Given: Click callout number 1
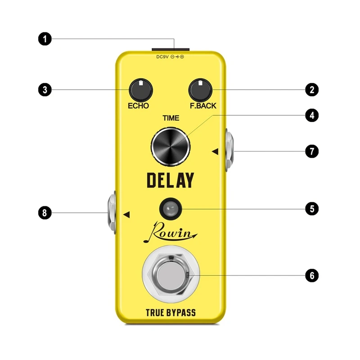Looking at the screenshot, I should [x=44, y=39].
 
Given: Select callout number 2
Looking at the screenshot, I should [x=311, y=89].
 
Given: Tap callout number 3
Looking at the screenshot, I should [x=44, y=89].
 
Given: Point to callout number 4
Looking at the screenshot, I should [x=311, y=115].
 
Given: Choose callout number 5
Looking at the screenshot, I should [x=311, y=208].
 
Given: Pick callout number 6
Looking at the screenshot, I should [x=311, y=275].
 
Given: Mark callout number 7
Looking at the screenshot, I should [x=311, y=151].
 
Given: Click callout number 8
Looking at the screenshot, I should [x=44, y=213].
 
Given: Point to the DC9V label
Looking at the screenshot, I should [x=162, y=57].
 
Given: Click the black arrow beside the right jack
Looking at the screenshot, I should [x=215, y=152].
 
